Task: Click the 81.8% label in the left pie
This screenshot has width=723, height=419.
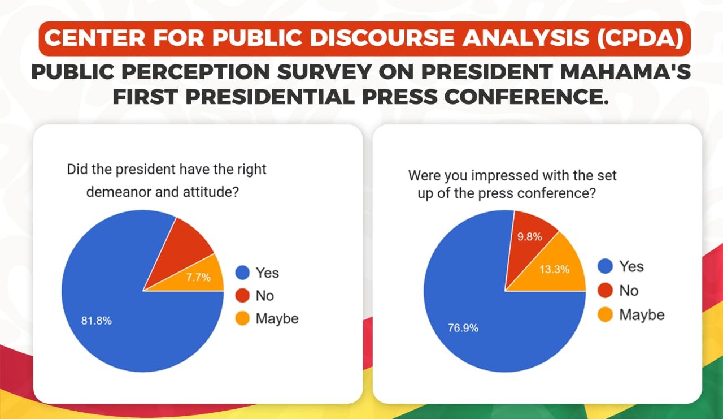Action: tap(96, 321)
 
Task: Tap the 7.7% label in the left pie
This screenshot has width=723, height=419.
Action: tap(198, 277)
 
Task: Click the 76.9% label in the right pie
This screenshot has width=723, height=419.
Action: tap(463, 327)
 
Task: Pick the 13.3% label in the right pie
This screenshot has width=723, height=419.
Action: tap(555, 269)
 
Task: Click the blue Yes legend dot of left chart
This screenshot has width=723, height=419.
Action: tap(242, 273)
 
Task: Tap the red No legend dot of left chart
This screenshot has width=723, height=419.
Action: tap(242, 296)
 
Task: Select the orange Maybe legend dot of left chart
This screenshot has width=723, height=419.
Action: tap(242, 318)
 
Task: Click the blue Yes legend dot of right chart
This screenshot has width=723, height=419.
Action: tap(606, 266)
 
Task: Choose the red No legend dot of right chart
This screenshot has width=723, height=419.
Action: tap(606, 291)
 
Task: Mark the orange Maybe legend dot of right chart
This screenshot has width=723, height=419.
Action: tap(606, 315)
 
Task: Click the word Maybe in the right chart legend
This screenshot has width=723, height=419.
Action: tap(642, 315)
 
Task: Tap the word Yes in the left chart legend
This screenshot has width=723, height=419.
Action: tap(267, 273)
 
